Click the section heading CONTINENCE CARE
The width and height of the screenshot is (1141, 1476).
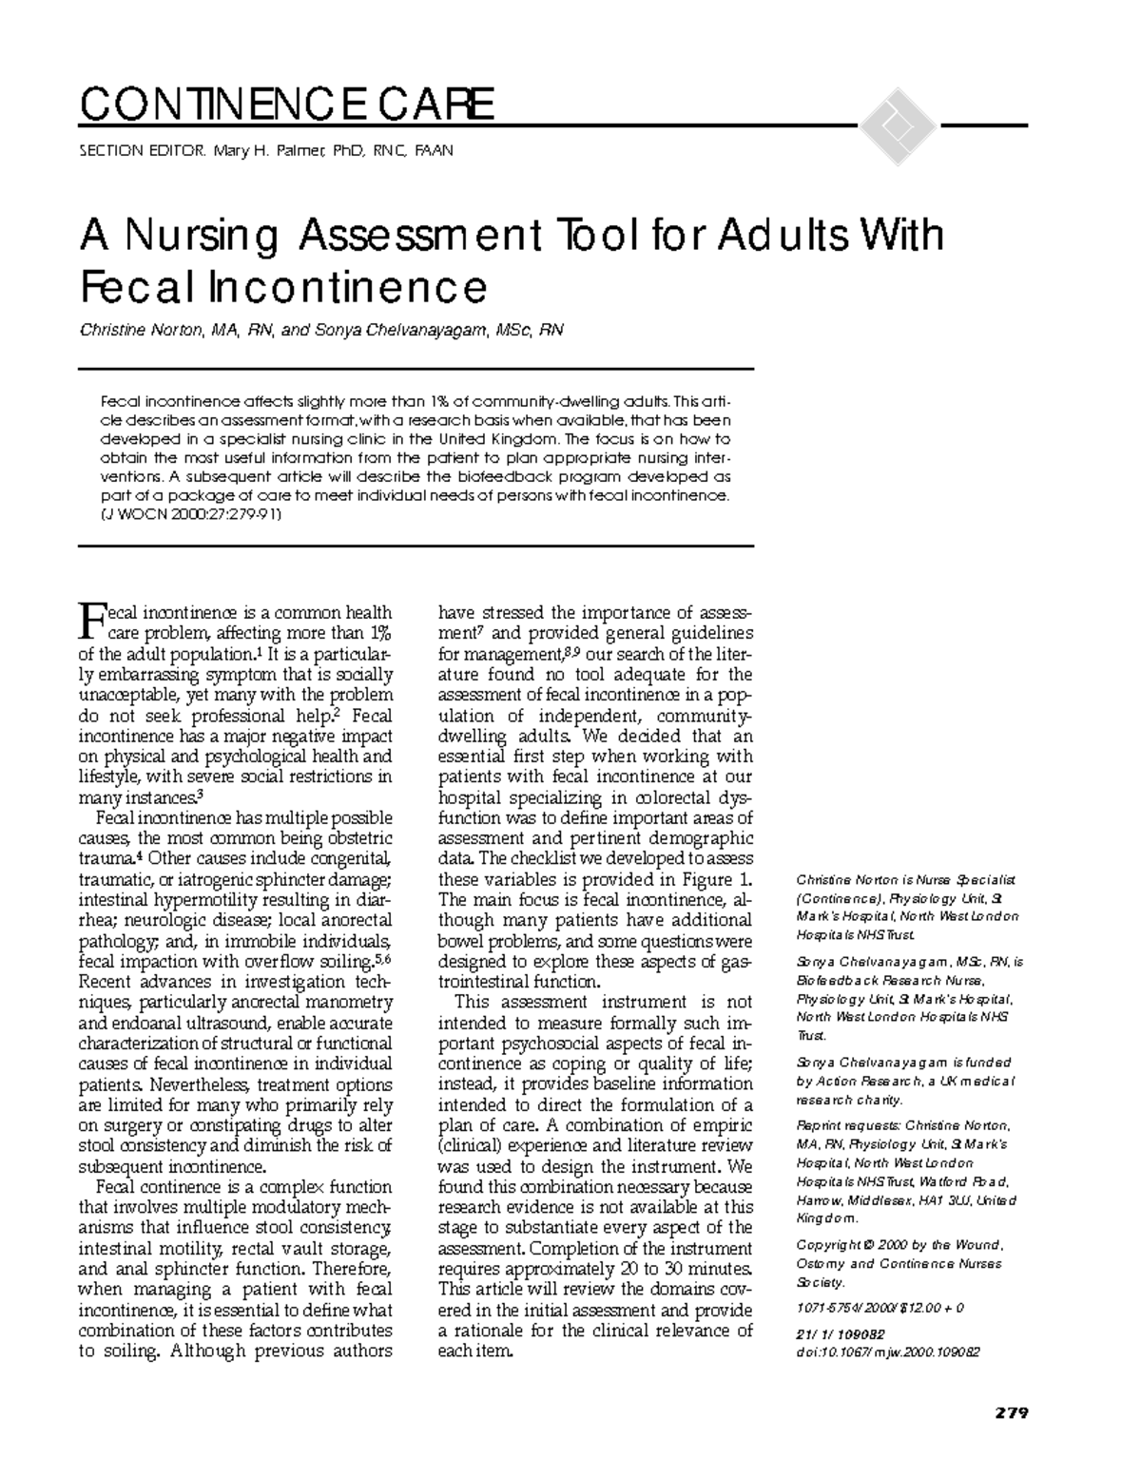click(287, 105)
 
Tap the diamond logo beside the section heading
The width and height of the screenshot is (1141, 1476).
click(895, 125)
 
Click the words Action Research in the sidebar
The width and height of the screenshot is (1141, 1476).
click(860, 1082)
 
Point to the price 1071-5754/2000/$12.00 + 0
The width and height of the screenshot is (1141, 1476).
click(880, 1308)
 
